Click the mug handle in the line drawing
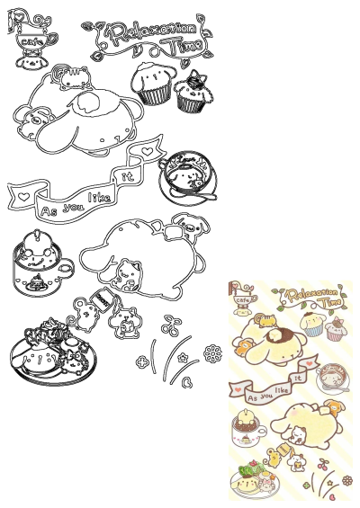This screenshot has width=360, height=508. (65, 267)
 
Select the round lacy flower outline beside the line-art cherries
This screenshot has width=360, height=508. (213, 357)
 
